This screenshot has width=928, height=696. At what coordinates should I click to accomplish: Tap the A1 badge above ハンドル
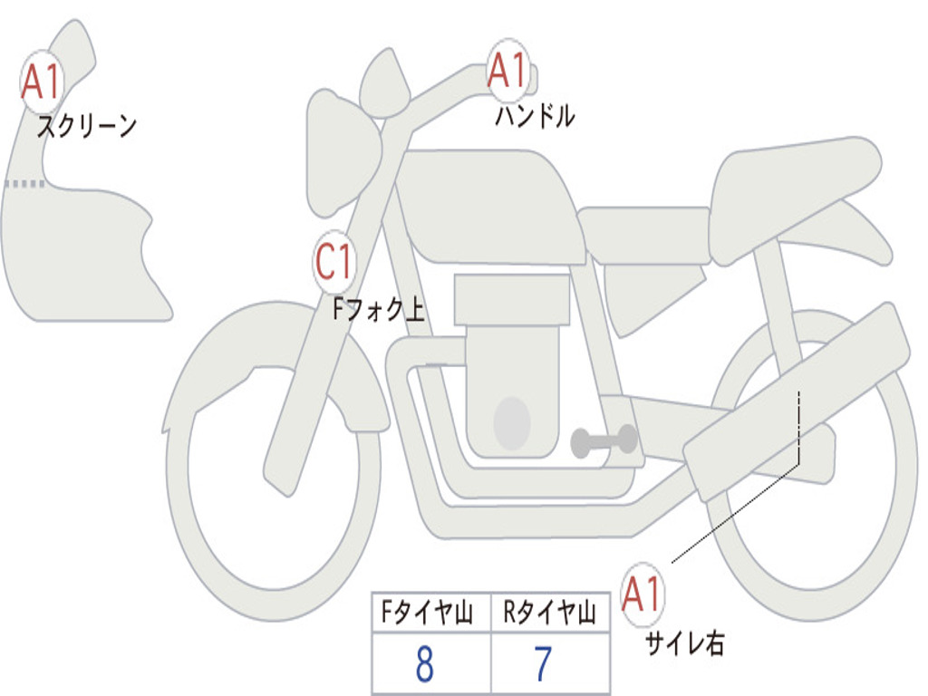507,71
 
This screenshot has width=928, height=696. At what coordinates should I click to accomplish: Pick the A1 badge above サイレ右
643,595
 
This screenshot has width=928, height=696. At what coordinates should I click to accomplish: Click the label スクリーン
86,126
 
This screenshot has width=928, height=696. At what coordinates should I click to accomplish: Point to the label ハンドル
535,116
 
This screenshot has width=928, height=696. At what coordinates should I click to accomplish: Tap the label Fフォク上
378,311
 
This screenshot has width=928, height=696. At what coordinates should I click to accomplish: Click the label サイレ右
684,643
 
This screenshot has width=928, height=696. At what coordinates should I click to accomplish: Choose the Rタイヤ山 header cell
549,614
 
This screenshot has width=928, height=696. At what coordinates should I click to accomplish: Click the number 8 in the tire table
424,665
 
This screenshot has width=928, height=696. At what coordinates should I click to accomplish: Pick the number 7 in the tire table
543,665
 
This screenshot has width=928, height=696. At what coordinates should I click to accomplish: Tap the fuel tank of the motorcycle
489,204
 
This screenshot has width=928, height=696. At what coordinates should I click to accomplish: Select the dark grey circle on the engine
512,423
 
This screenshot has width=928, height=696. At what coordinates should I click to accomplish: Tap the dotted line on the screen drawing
24,184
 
